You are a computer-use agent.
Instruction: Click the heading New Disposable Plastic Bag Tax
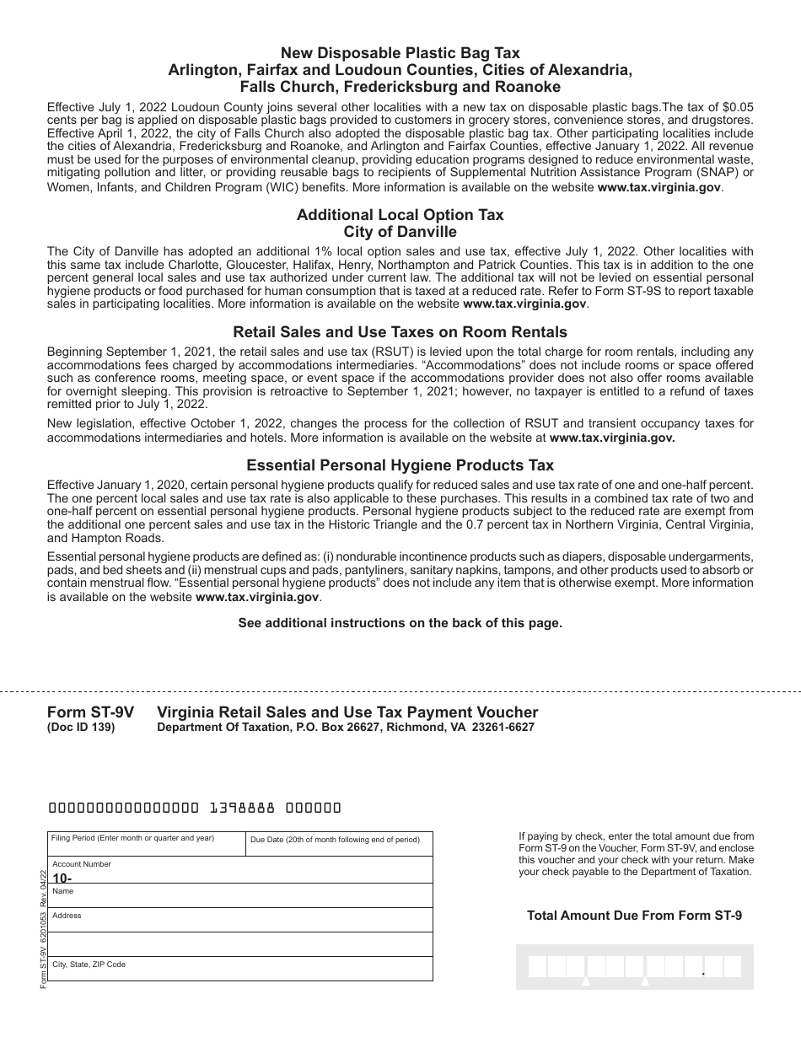[x=400, y=54]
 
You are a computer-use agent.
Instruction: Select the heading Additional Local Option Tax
[x=400, y=215]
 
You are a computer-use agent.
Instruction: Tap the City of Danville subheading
[x=400, y=232]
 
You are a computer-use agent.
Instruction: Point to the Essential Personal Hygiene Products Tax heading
[x=400, y=465]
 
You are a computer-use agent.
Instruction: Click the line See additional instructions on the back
[x=400, y=623]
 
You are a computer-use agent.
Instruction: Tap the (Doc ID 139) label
[x=81, y=728]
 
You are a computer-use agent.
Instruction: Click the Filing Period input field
[x=146, y=845]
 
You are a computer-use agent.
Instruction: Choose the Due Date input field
[x=339, y=845]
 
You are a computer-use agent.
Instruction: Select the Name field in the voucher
[x=239, y=896]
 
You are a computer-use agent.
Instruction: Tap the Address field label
[x=67, y=916]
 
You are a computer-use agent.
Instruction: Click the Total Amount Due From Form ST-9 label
[x=634, y=915]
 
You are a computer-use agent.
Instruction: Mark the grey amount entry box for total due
[x=634, y=966]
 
